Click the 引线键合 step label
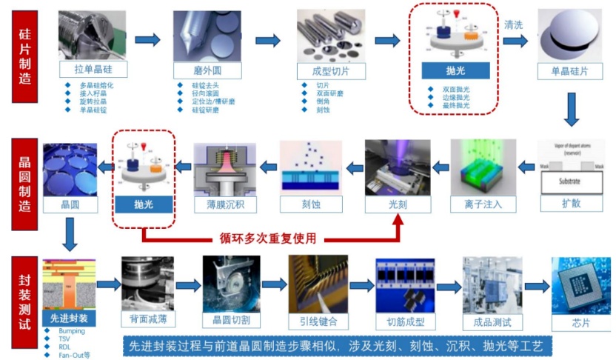click(x=318, y=321)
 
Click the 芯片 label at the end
click(x=581, y=321)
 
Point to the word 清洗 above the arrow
click(x=514, y=25)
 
